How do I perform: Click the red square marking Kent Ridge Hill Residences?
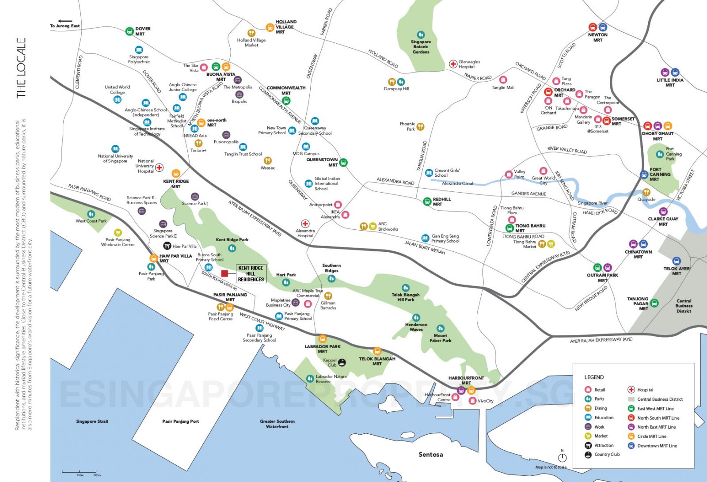pyautogui.click(x=224, y=273)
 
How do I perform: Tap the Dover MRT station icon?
pyautogui.click(x=129, y=31)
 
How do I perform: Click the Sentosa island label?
pyautogui.click(x=430, y=454)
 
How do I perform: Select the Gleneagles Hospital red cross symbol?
pyautogui.click(x=453, y=64)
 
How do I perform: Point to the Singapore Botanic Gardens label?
pyautogui.click(x=421, y=47)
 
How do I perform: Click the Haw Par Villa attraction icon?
pyautogui.click(x=167, y=246)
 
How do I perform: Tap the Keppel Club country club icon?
pyautogui.click(x=342, y=362)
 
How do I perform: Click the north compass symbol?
pyautogui.click(x=562, y=457)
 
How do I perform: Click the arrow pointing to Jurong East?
pyautogui.click(x=65, y=21)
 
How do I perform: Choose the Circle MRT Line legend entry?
pyautogui.click(x=651, y=436)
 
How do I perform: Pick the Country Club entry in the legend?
pyautogui.click(x=607, y=454)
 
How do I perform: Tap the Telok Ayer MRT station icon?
pyautogui.click(x=676, y=261)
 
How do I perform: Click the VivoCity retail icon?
pyautogui.click(x=472, y=401)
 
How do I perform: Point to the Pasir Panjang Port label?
pyautogui.click(x=180, y=421)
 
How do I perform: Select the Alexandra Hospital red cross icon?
pyautogui.click(x=305, y=224)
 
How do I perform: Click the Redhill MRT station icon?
pyautogui.click(x=427, y=201)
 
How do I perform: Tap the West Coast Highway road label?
pyautogui.click(x=262, y=321)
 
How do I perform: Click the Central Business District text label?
pyautogui.click(x=684, y=306)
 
